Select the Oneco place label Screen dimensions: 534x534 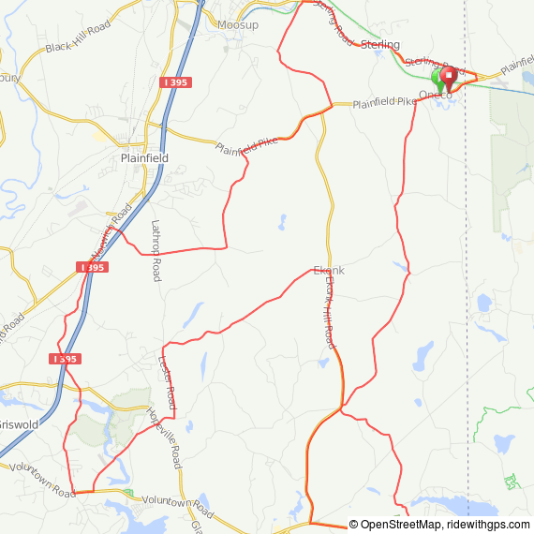click(x=436, y=95)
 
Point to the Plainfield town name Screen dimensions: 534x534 click(x=144, y=158)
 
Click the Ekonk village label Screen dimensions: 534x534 click(x=328, y=271)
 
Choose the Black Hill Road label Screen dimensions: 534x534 click(x=78, y=47)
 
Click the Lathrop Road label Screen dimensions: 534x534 click(x=156, y=250)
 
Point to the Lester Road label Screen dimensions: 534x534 click(x=168, y=381)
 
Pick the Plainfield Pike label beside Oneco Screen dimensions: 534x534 click(x=383, y=102)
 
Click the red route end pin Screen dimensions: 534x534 click(x=449, y=76)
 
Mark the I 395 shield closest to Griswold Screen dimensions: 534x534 click(x=65, y=359)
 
